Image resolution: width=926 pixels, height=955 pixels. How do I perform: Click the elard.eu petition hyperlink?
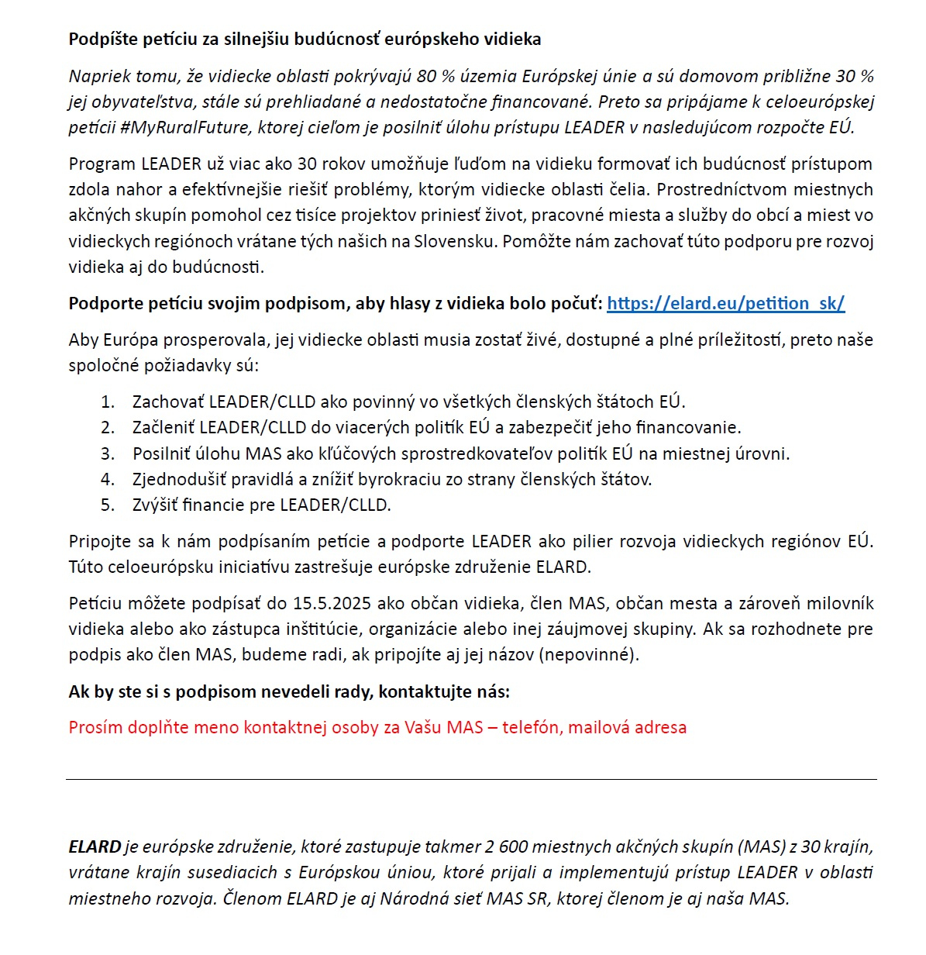point(725,303)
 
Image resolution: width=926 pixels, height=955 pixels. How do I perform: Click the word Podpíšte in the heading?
point(100,39)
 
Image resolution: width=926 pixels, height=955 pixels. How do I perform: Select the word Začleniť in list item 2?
point(163,427)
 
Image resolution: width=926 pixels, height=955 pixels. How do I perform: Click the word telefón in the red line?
point(530,727)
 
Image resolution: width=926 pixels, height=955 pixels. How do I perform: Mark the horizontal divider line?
point(471,779)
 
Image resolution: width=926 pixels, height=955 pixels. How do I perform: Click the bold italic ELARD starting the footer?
point(95,846)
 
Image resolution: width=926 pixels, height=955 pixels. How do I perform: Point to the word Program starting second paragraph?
point(102,164)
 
